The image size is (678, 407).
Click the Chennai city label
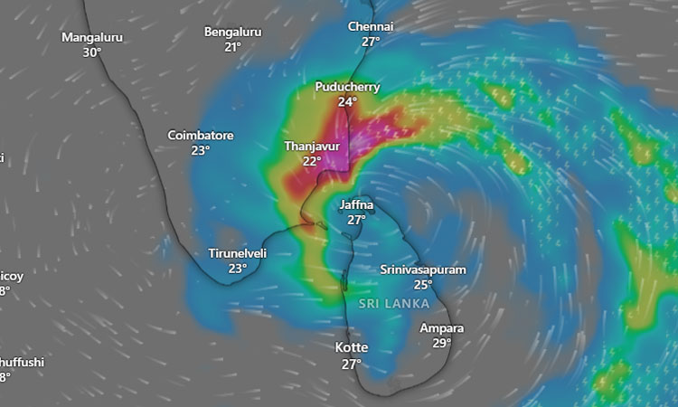pos(371,26)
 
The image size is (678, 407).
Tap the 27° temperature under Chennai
pos(371,42)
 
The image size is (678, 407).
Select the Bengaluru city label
pos(232,32)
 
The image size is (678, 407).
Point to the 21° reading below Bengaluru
pos(232,47)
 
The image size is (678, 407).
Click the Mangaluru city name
pos(92,37)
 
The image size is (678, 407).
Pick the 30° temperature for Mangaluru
pos(92,52)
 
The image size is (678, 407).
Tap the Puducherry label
pos(347,87)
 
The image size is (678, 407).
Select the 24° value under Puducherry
pos(347,102)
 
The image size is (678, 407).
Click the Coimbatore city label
pos(201,135)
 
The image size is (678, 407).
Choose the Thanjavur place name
pos(312,146)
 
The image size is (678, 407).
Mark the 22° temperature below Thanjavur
pos(312,161)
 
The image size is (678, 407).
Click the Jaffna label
pos(356,204)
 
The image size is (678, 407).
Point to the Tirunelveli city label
pos(238,253)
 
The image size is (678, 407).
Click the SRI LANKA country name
pos(393,304)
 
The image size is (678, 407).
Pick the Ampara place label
pos(442,327)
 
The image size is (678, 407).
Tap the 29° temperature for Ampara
pos(442,343)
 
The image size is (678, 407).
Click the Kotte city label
pos(351,347)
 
